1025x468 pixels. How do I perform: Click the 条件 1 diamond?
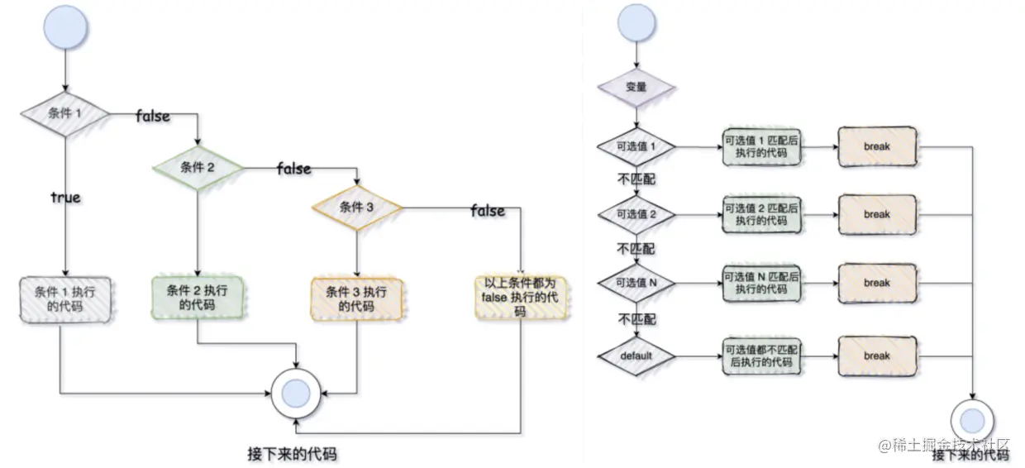click(64, 112)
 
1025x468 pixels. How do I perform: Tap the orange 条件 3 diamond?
click(356, 207)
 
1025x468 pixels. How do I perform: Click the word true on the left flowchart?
click(65, 198)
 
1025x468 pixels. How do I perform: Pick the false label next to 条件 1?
click(153, 117)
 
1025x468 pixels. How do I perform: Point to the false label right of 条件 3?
click(488, 211)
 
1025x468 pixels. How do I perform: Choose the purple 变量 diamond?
click(636, 87)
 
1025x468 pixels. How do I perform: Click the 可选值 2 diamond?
click(636, 214)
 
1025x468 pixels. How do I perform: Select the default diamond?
click(636, 356)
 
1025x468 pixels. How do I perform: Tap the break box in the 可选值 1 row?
click(876, 146)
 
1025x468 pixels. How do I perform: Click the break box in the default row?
click(876, 356)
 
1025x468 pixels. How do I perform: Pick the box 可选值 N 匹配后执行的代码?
click(760, 283)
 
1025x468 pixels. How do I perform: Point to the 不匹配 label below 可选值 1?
click(636, 179)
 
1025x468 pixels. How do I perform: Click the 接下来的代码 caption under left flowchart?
click(292, 454)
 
